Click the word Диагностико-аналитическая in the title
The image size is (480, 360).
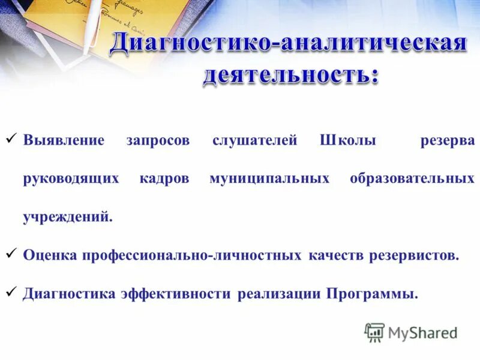pyautogui.click(x=289, y=45)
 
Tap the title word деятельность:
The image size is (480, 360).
pyautogui.click(x=291, y=76)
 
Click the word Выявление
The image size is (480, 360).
pyautogui.click(x=64, y=141)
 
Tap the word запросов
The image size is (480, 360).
pyautogui.click(x=158, y=141)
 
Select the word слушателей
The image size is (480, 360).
pyautogui.click(x=255, y=141)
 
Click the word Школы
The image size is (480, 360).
pyautogui.click(x=348, y=141)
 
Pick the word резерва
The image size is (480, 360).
pyautogui.click(x=447, y=141)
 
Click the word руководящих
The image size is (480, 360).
pyautogui.click(x=71, y=179)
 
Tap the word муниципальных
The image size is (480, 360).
pyautogui.click(x=269, y=179)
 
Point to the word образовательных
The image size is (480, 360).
pyautogui.click(x=412, y=179)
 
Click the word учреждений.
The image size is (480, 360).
pyautogui.click(x=67, y=217)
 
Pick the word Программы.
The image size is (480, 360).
pyautogui.click(x=372, y=295)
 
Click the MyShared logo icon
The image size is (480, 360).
pyautogui.click(x=374, y=332)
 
